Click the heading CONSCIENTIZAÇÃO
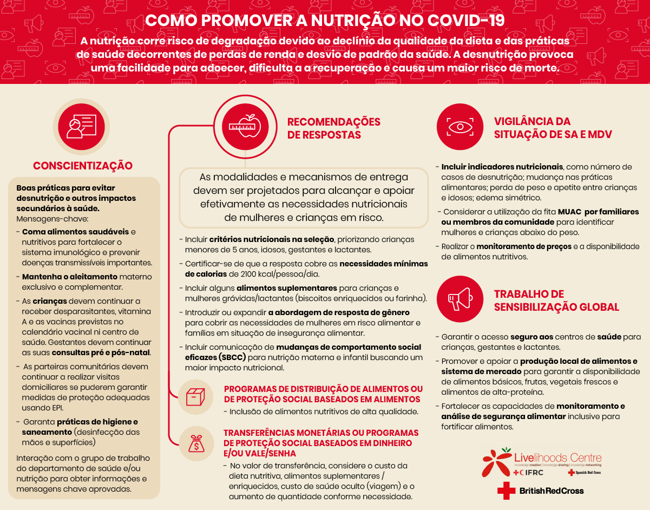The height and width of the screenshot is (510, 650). point(82,166)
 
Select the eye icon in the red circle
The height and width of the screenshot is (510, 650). point(459,127)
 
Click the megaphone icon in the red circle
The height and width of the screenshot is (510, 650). point(459,299)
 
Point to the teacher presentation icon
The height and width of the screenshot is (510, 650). point(81,126)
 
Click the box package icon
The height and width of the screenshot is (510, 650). point(195,397)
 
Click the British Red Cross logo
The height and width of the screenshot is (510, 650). point(541,491)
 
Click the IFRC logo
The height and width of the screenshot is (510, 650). point(528,473)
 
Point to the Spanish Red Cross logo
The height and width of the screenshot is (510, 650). point(585,473)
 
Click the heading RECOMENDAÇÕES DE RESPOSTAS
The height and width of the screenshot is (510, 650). point(333,128)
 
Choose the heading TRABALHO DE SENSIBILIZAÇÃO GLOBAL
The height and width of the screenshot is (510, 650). point(556,300)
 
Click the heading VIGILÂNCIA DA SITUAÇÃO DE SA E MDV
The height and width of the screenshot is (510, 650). point(553,128)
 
